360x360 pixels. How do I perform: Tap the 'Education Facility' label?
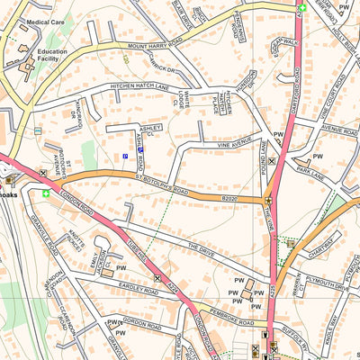tap(52, 57)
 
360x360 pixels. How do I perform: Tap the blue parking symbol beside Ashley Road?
tap(125, 157)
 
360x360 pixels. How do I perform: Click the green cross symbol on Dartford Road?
tap(302, 8)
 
